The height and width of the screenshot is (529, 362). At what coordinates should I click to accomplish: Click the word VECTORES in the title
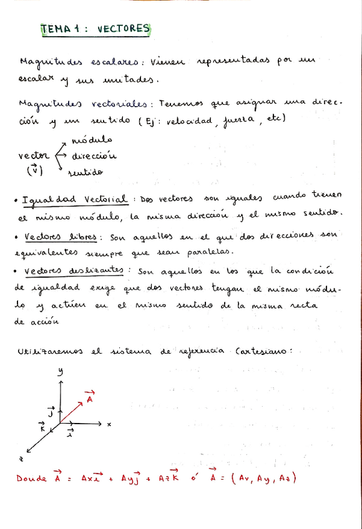tap(124, 28)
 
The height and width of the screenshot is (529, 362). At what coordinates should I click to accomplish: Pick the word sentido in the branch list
tap(86, 172)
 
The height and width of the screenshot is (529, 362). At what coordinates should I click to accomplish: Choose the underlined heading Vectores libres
tap(61, 237)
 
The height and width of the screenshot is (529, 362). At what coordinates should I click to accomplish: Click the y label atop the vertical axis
tap(61, 372)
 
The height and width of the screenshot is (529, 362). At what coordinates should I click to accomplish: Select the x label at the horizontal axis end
tap(109, 424)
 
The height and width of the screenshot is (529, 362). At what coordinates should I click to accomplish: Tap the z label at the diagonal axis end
tap(21, 458)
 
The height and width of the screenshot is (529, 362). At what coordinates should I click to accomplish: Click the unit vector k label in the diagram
tap(42, 428)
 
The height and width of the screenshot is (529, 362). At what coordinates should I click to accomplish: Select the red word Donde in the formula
tap(31, 478)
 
